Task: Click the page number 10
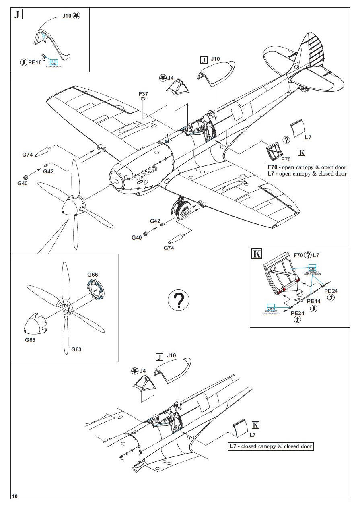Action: [x=15, y=496]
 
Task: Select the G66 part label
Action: [x=93, y=275]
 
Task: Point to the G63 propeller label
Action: [x=76, y=349]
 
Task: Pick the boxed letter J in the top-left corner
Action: [x=17, y=15]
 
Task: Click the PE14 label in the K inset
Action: [x=314, y=301]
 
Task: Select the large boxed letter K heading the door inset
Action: [x=256, y=254]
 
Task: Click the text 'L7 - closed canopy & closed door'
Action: [x=270, y=446]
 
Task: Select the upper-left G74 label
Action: [x=27, y=154]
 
